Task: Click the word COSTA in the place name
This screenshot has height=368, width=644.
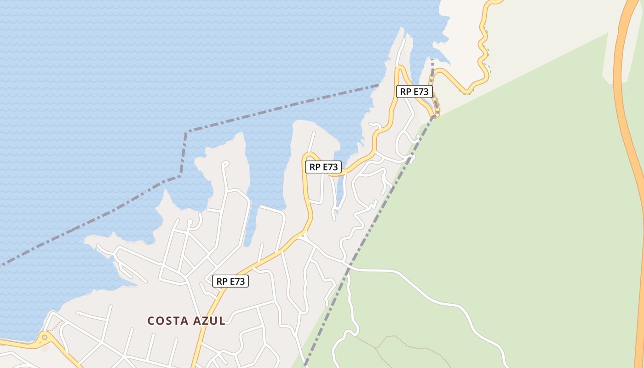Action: pyautogui.click(x=168, y=321)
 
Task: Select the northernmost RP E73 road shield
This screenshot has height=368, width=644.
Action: pyautogui.click(x=414, y=92)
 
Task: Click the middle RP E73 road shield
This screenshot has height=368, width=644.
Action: pyautogui.click(x=323, y=167)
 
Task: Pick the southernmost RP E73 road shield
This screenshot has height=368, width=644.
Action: pyautogui.click(x=230, y=281)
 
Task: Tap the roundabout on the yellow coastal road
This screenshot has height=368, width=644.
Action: pyautogui.click(x=45, y=338)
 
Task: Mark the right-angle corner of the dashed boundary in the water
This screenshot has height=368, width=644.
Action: pyautogui.click(x=186, y=133)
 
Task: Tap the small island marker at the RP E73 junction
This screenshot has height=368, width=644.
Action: pyautogui.click(x=303, y=236)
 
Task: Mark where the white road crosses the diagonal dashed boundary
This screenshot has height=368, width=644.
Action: pyautogui.click(x=349, y=267)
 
